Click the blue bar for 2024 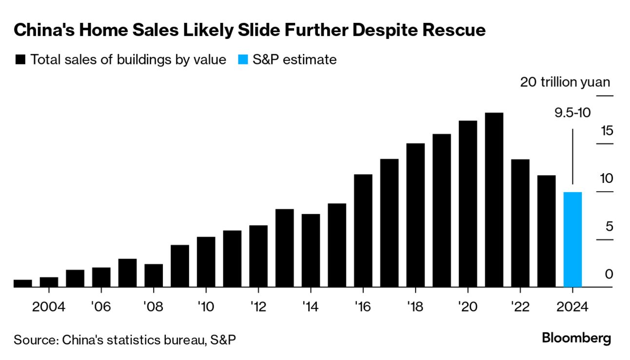[x=572, y=240]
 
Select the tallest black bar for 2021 [x=494, y=200]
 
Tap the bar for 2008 [x=154, y=276]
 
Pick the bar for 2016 [x=363, y=231]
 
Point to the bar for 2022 [x=520, y=223]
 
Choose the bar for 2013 [x=284, y=248]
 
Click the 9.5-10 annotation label [x=572, y=113]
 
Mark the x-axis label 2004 [x=49, y=307]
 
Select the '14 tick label [x=311, y=307]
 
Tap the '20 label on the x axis [x=468, y=307]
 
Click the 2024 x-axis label [x=572, y=307]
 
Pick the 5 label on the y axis [x=608, y=227]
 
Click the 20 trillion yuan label [x=565, y=82]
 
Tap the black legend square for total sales [x=20, y=60]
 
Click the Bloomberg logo [x=576, y=338]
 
